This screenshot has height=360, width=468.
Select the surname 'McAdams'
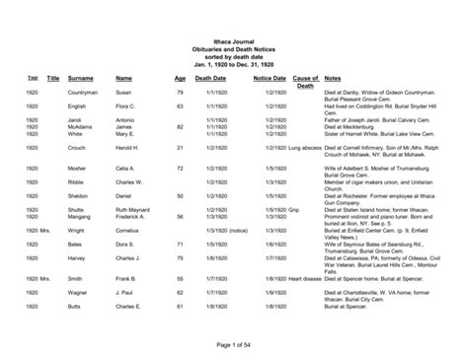point(80,126)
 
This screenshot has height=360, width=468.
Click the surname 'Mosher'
point(78,169)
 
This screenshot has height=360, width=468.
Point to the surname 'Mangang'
point(81,217)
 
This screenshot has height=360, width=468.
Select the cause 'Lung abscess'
point(306,147)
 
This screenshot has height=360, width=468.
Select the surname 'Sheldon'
point(80,196)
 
